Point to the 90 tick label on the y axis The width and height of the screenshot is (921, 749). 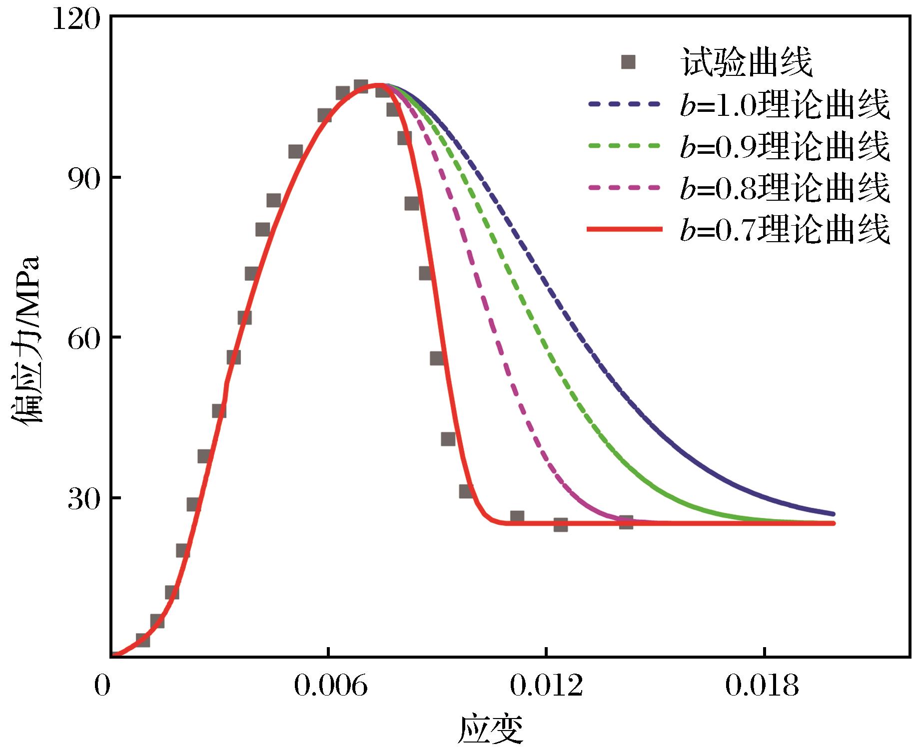[83, 178]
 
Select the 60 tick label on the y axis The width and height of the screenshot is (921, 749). [83, 339]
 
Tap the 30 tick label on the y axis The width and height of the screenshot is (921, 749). [83, 499]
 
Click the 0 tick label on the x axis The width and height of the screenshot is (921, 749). [102, 687]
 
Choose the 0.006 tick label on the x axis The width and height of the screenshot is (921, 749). [328, 687]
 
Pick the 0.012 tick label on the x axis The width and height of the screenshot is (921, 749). [546, 687]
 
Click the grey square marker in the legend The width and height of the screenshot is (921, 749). [628, 62]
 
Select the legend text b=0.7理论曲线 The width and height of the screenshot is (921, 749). [785, 230]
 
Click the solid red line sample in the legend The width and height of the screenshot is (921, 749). [625, 229]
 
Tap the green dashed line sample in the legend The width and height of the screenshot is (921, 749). [625, 146]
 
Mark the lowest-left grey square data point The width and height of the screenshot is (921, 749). [142, 640]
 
